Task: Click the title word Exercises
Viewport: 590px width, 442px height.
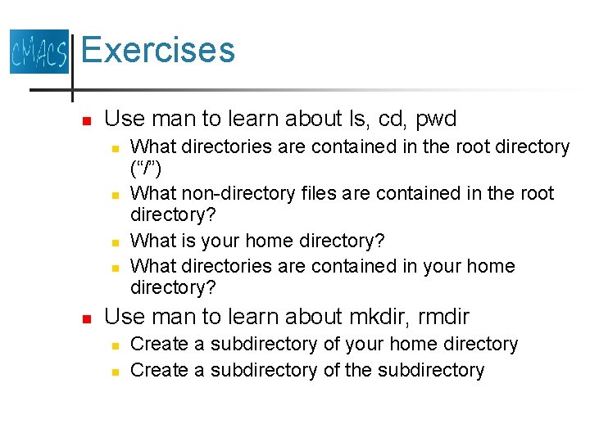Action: pyautogui.click(x=158, y=50)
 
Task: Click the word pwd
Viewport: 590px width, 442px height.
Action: pyautogui.click(x=436, y=119)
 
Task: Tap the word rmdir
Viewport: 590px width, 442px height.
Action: pyautogui.click(x=441, y=316)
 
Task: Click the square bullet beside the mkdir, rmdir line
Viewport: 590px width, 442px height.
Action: pyautogui.click(x=86, y=318)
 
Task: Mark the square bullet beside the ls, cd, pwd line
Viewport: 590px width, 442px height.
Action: pyautogui.click(x=86, y=120)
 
